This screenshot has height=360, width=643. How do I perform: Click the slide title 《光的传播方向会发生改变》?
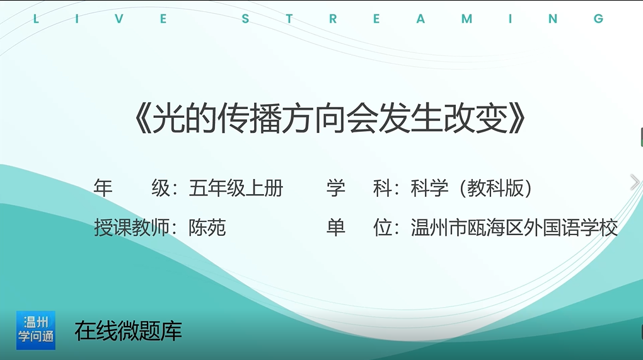coord(330,119)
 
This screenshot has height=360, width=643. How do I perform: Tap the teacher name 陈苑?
coord(207,228)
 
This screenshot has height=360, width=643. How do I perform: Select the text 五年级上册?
coord(236,189)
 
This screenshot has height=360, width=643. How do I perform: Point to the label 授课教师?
coord(132,228)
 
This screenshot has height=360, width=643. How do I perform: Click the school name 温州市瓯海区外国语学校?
coord(514,228)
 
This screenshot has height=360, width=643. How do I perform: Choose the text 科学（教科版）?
coord(472,189)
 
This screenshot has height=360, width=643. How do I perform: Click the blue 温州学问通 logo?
coord(36,330)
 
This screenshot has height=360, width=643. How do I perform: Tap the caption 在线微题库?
coord(129,331)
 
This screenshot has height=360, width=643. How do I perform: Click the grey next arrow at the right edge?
coord(635,182)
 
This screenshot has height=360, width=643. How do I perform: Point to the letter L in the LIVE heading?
coord(36,19)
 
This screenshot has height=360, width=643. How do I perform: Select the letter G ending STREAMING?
coord(598,19)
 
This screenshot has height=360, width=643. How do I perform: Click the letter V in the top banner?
coord(119,19)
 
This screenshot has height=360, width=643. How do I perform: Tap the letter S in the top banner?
coord(245,19)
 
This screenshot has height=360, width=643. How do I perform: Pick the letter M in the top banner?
coord(466,19)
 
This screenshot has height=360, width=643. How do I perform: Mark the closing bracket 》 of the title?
coord(518,119)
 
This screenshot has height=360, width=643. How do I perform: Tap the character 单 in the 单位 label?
coord(336,228)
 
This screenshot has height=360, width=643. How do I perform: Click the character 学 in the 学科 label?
coord(336,189)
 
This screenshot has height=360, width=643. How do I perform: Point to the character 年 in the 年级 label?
coord(103,189)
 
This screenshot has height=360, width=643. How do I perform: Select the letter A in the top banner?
coord(420,19)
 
